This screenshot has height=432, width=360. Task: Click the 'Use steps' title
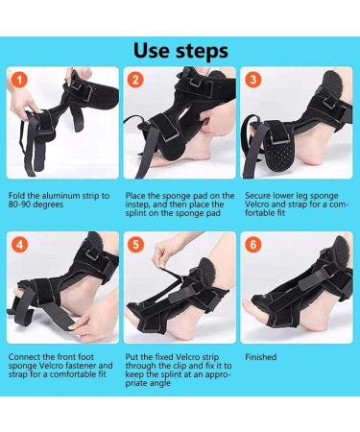[x=180, y=48]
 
